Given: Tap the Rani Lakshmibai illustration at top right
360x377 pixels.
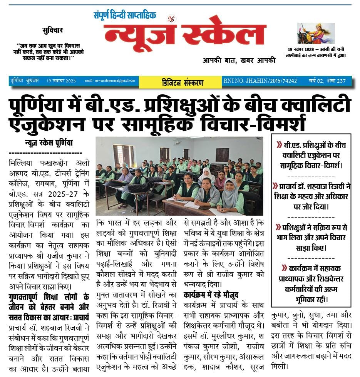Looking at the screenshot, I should pyautogui.click(x=316, y=34).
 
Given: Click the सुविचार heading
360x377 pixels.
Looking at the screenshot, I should pyautogui.click(x=53, y=30).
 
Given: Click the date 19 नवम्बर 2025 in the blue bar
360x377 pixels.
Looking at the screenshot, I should pyautogui.click(x=60, y=81).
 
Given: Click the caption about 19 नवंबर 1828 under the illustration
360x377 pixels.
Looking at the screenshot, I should pyautogui.click(x=317, y=52).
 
